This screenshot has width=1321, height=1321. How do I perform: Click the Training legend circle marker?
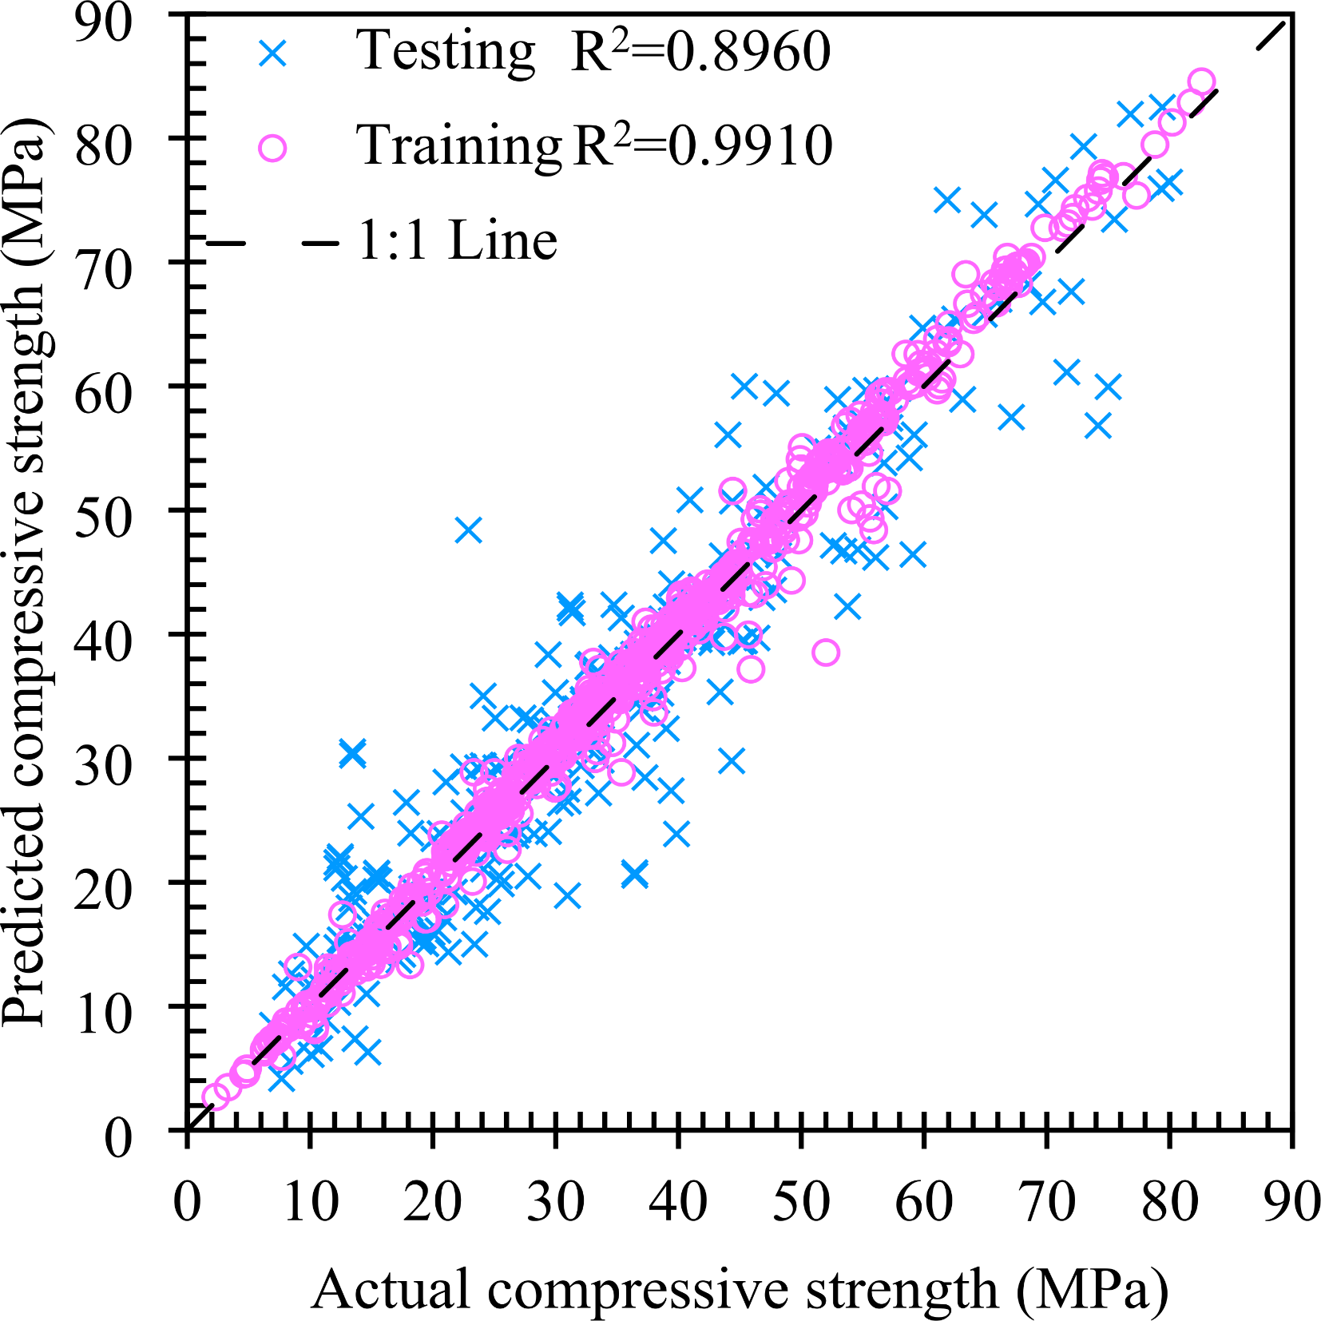coord(272,149)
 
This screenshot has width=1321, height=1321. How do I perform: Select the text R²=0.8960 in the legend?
coord(700,52)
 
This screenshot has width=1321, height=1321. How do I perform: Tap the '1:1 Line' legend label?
coord(457,240)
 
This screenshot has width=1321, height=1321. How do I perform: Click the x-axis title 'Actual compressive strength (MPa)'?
coord(740,1289)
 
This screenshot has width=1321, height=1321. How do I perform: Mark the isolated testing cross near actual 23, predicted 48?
coord(469,530)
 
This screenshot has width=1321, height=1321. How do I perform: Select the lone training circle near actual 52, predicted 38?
coord(826,653)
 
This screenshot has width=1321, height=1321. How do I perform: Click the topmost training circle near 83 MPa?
coord(1201,81)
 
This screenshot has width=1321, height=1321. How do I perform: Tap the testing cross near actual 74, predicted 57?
coord(1099,426)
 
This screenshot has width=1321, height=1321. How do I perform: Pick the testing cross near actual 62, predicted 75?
coord(947,200)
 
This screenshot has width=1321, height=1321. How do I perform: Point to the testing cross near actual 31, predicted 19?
coord(567,895)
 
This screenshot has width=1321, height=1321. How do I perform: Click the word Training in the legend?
coord(459,146)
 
